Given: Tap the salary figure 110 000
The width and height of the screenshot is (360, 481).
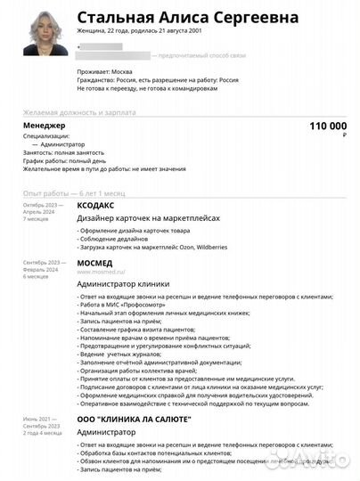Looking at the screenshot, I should click(x=327, y=127).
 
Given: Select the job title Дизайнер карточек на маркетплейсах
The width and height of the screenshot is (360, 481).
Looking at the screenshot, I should click(x=147, y=217).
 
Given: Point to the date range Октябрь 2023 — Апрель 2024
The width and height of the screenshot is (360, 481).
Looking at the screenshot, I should click(x=44, y=208).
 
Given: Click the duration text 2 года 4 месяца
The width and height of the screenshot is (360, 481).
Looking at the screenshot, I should click(x=42, y=433).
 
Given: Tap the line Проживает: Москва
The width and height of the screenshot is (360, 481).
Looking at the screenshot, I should click(x=103, y=70).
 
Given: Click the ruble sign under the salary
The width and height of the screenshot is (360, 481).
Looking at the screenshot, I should click(x=344, y=135).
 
